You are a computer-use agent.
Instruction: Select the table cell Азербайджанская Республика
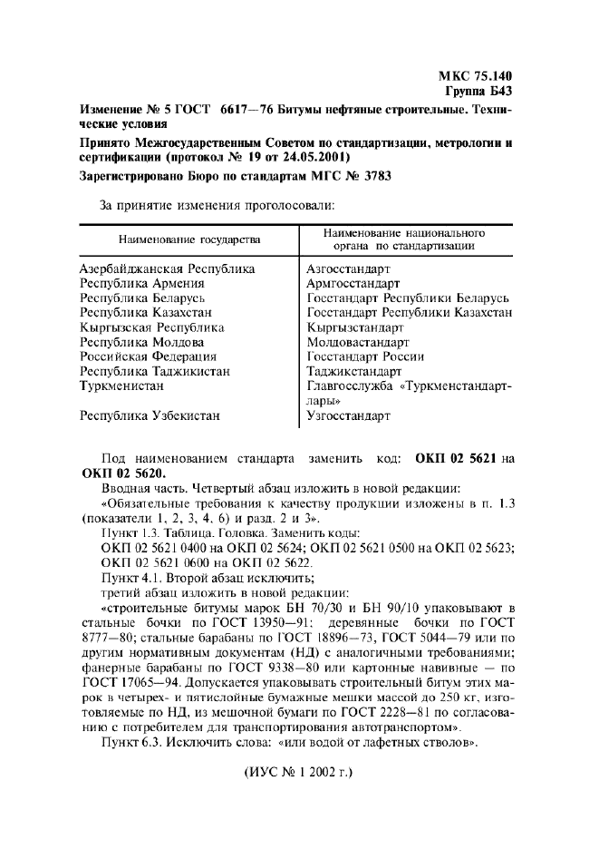pyautogui.click(x=168, y=269)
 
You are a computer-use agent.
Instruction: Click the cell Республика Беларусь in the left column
pyautogui.click(x=143, y=298)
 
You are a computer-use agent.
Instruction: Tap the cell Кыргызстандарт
pyautogui.click(x=355, y=327)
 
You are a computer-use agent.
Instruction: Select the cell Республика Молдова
pyautogui.click(x=142, y=342)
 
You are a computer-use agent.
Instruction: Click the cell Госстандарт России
pyautogui.click(x=366, y=356)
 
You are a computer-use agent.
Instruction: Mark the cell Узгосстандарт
pyautogui.click(x=349, y=415)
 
